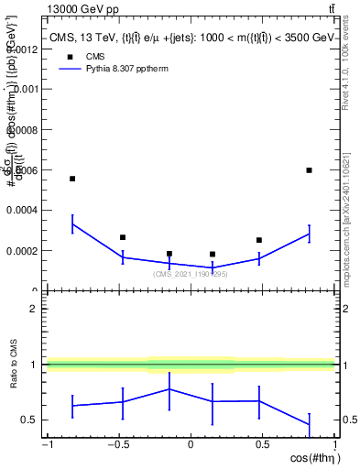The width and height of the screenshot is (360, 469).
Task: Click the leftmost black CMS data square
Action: point(72,179)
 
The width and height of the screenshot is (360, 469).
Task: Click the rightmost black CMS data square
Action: point(310,170)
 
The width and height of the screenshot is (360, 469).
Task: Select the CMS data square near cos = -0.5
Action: point(123,237)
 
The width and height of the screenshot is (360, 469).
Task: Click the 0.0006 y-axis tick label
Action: point(24,170)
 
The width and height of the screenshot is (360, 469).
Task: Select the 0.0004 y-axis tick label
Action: point(24,211)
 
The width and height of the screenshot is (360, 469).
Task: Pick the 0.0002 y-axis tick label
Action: point(24,251)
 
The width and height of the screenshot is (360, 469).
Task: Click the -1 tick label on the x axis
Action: point(46,445)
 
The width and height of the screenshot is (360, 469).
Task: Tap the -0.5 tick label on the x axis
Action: point(117,445)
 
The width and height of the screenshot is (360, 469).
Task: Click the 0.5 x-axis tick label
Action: point(263,445)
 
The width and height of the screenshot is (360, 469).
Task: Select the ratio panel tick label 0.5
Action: point(29,420)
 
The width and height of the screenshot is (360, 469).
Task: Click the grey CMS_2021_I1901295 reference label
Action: point(190,274)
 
